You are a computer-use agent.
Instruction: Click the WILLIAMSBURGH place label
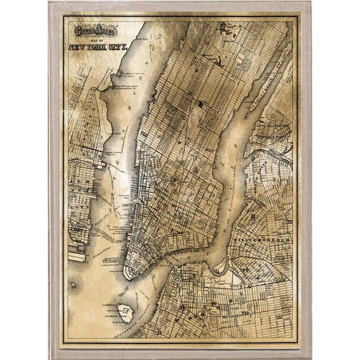261,241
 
